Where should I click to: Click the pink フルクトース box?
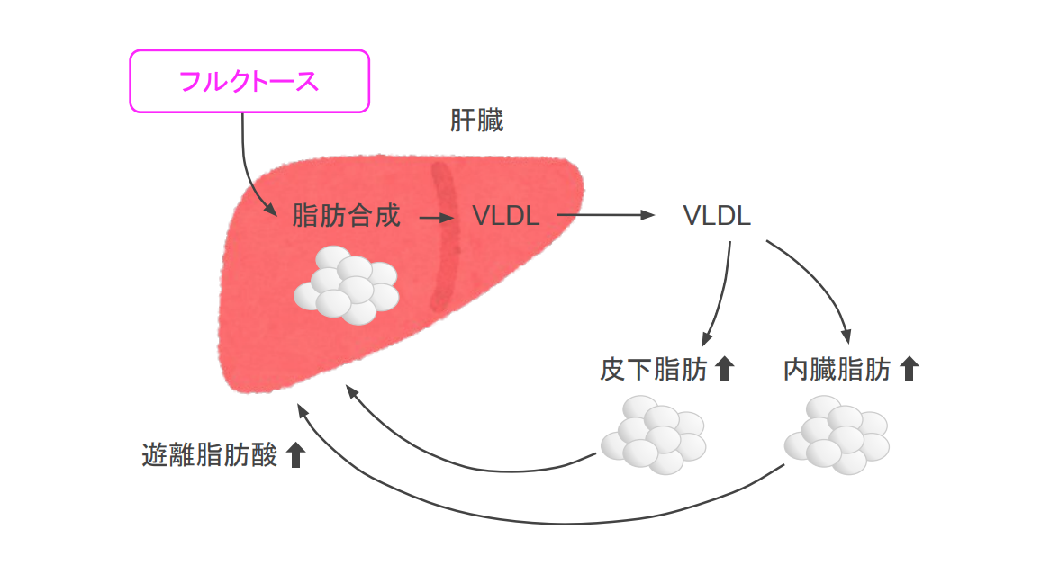[250, 81]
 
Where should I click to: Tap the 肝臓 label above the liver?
[476, 121]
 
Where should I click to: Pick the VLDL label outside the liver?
[717, 216]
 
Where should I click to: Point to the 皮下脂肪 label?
[654, 370]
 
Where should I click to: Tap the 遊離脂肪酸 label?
[210, 454]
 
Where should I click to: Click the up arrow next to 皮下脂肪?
[725, 369]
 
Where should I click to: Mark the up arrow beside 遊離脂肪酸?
[294, 454]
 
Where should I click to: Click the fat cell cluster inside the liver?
[347, 285]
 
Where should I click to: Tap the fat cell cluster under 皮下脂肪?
[654, 435]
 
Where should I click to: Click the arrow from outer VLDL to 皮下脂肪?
[721, 297]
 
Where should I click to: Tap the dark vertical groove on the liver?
[445, 234]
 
